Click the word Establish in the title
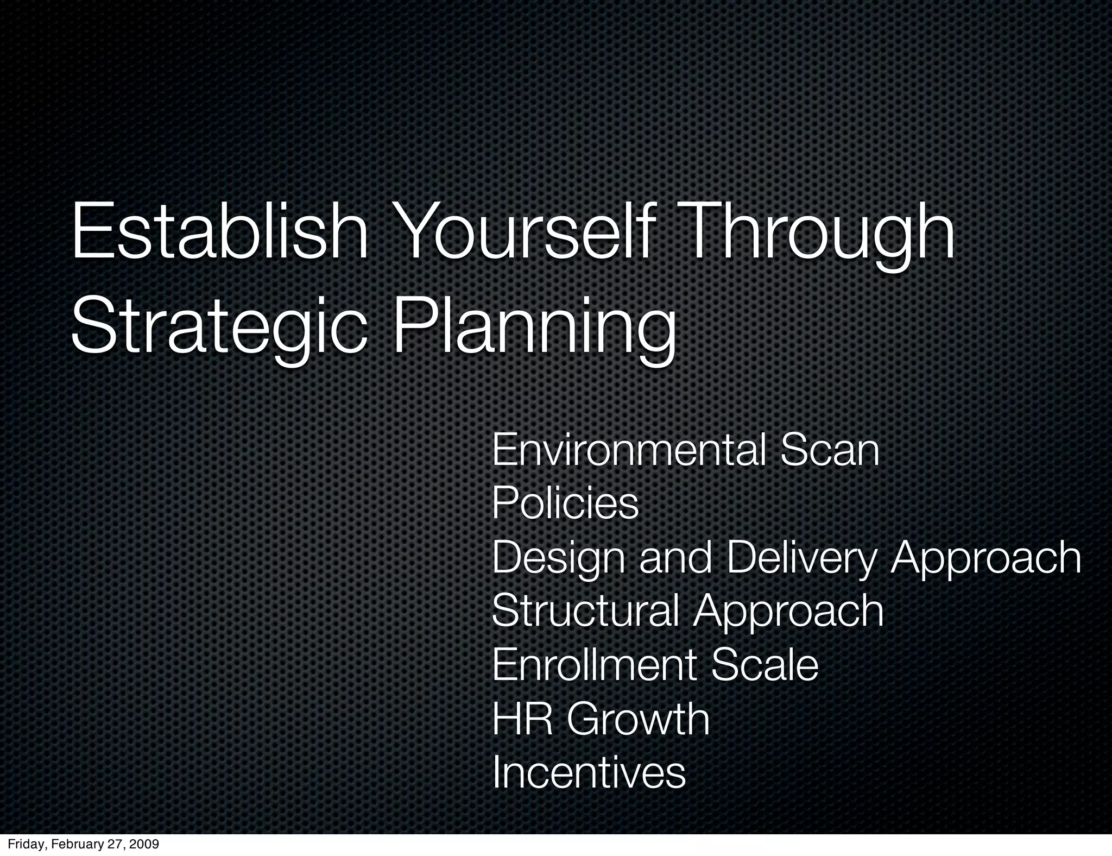click(x=220, y=231)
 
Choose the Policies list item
click(x=565, y=503)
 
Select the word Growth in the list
click(x=639, y=719)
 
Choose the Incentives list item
click(x=589, y=773)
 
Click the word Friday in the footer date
click(x=23, y=845)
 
